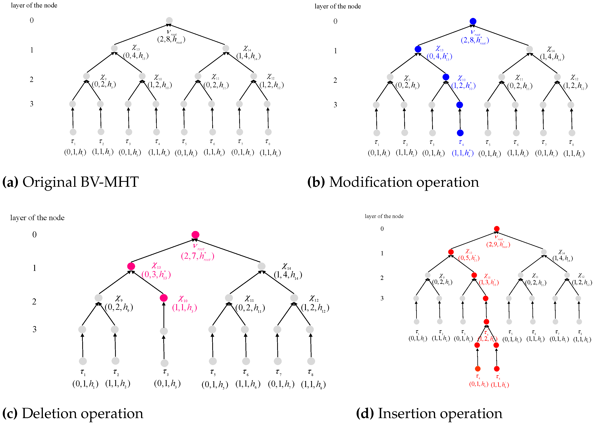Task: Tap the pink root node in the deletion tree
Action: (x=195, y=235)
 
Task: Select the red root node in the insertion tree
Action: (x=497, y=229)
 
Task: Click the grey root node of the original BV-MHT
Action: (x=169, y=20)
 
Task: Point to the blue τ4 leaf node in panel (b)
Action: (x=460, y=133)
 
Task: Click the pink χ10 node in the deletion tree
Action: (x=163, y=298)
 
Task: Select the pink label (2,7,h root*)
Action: (x=197, y=256)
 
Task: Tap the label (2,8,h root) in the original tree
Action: (x=171, y=40)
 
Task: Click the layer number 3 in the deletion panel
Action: (x=34, y=329)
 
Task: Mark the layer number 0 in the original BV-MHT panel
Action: (x=32, y=20)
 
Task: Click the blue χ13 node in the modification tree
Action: (x=418, y=49)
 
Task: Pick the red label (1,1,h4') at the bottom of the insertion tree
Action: (x=500, y=384)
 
